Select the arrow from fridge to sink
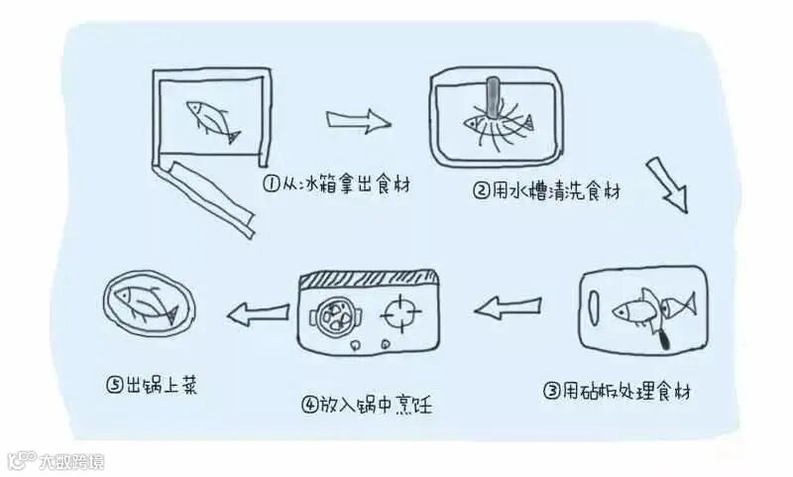tap(359, 123)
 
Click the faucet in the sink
tap(489, 100)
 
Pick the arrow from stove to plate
tap(255, 315)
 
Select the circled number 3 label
tap(552, 391)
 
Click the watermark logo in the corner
tap(19, 461)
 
